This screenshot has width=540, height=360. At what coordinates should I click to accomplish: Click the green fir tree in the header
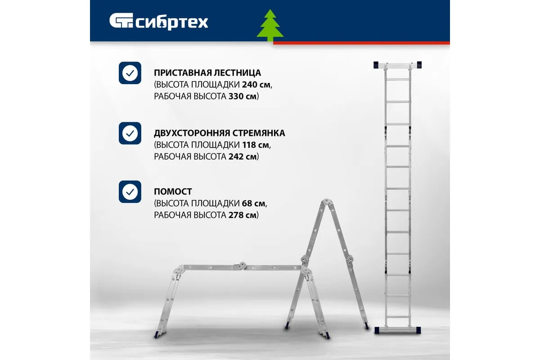pos(270,25)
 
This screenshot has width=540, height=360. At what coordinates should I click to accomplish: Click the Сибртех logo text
pos(171,23)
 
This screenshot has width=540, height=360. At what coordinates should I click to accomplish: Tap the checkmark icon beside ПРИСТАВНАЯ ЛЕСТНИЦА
pos(130,73)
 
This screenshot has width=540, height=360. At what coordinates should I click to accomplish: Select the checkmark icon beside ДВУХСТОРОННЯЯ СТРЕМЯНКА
pos(130,133)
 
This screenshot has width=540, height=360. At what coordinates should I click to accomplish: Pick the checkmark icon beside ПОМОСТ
pos(130,192)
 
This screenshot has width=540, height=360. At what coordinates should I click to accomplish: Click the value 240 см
pos(256,85)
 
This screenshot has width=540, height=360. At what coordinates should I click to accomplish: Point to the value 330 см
pos(243,96)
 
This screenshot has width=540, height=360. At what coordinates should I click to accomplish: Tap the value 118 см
pos(256,145)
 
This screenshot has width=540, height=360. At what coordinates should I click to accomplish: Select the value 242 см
pos(243,157)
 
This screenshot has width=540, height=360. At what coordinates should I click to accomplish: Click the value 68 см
pos(254,203)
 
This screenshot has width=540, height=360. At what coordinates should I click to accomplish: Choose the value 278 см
pos(243,215)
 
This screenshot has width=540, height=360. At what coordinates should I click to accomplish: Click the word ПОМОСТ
pos(173,192)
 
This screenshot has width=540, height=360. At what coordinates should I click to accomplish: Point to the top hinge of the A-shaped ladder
pos(326,202)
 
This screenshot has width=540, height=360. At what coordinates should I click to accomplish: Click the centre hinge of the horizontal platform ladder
pos(242,265)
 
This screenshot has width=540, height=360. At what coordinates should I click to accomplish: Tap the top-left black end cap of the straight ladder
pos(376,65)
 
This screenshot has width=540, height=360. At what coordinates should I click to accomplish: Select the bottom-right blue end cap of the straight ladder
pos(418,330)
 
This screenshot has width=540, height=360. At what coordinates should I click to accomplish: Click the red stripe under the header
pos(361,43)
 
